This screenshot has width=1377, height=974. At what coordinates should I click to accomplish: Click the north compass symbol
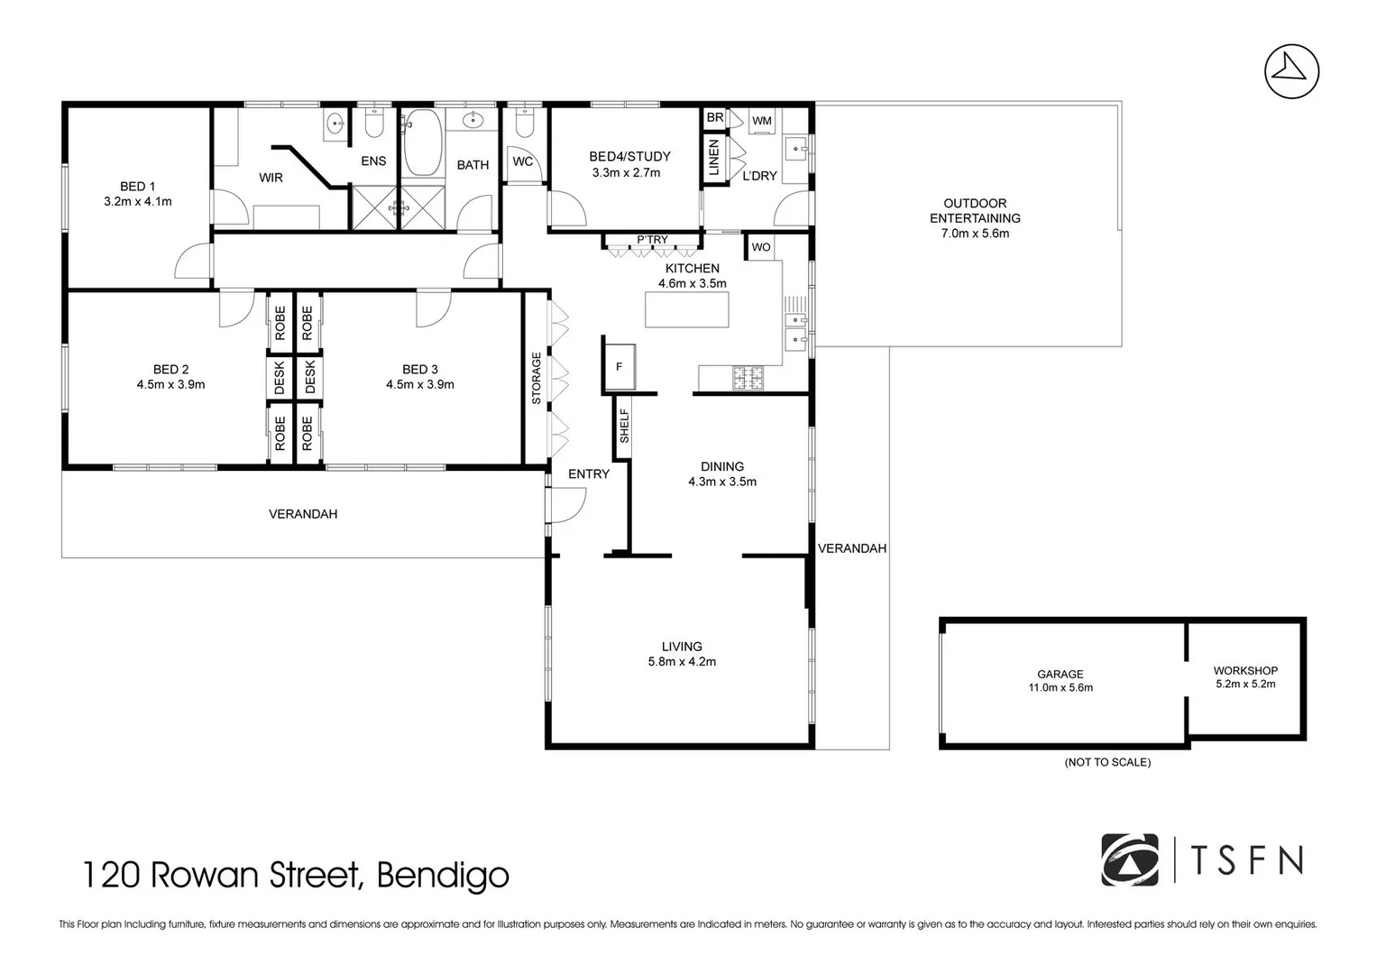click(x=1291, y=70)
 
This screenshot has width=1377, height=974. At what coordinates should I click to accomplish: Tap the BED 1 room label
click(x=138, y=187)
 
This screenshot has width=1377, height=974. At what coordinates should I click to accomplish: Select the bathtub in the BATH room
click(x=420, y=143)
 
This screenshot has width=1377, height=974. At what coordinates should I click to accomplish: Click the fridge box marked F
click(x=619, y=367)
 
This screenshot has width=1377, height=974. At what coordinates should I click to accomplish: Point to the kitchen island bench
click(x=686, y=310)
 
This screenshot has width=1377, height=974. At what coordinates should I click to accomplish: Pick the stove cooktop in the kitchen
click(x=747, y=377)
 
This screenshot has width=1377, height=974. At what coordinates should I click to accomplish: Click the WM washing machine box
click(x=762, y=121)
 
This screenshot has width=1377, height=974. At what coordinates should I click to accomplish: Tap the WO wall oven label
click(x=761, y=247)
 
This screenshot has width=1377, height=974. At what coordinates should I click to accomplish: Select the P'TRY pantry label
click(x=652, y=240)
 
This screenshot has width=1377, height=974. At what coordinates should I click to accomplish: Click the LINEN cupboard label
click(x=714, y=158)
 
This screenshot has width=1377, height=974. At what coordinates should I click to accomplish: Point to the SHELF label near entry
click(x=623, y=426)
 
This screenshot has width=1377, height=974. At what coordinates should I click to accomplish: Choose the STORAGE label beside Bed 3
click(x=536, y=378)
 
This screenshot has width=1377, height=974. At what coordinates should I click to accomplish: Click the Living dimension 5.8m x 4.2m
click(x=682, y=661)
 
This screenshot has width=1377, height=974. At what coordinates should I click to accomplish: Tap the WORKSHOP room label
click(x=1245, y=670)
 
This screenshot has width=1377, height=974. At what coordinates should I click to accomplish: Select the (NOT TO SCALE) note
click(x=1107, y=762)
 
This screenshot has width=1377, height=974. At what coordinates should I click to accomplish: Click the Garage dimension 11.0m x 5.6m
click(x=1060, y=687)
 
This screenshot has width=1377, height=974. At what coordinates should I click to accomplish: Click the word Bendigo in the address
click(x=442, y=875)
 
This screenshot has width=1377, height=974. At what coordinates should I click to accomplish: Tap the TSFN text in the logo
click(x=1247, y=860)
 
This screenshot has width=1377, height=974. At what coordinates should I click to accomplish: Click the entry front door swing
click(x=565, y=506)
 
